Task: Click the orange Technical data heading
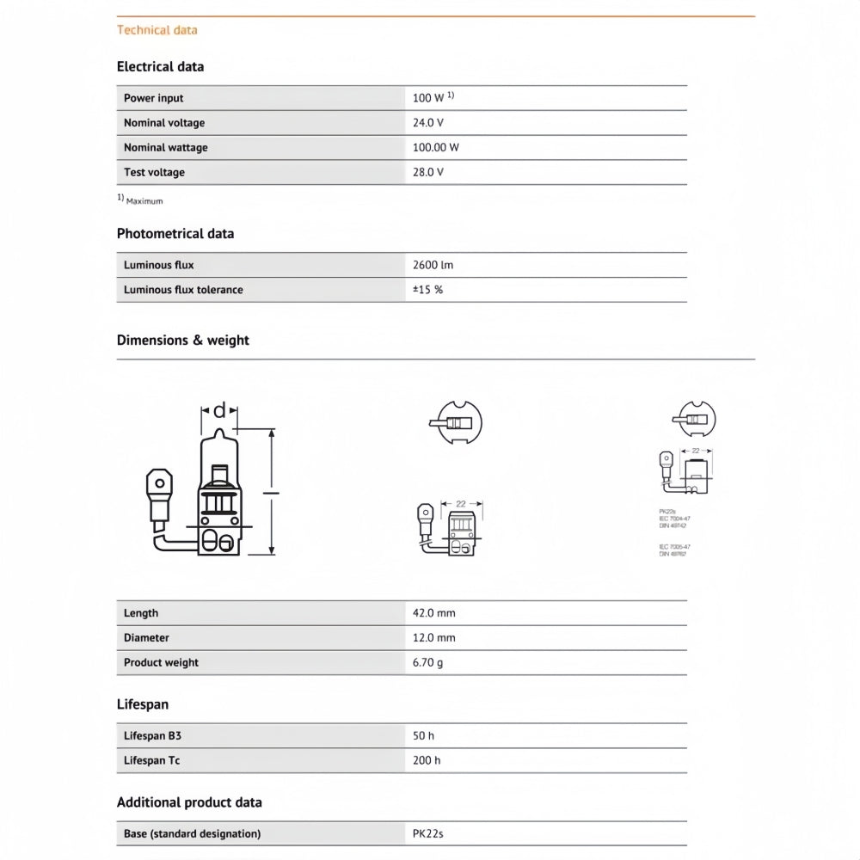[x=157, y=30]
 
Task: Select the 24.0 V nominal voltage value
[x=428, y=123]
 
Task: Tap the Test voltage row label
[x=154, y=172]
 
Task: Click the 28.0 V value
[x=428, y=172]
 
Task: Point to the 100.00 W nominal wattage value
[x=436, y=147]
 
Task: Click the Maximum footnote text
[x=144, y=201]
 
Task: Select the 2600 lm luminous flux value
[x=433, y=265]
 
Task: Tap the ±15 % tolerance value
[x=427, y=290]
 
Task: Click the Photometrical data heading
[x=175, y=233]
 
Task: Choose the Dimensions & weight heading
[x=183, y=340]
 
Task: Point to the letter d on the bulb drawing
[x=219, y=410]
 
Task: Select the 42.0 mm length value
[x=434, y=613]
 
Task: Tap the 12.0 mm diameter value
[x=434, y=638]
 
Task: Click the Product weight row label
[x=161, y=662]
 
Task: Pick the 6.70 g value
[x=428, y=662]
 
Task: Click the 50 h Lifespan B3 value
[x=424, y=736]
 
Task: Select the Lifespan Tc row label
[x=152, y=760]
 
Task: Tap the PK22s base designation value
[x=428, y=833]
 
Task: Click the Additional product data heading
[x=189, y=802]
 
